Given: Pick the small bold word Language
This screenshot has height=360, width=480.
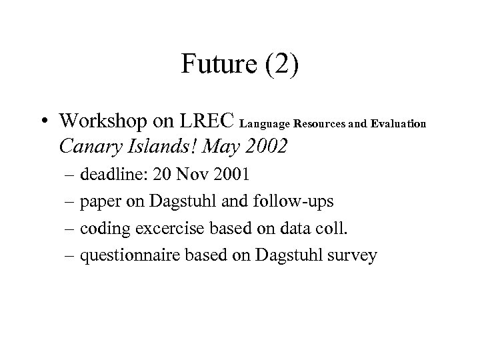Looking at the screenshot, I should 261,124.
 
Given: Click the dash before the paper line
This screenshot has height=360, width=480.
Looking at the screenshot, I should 71,202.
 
